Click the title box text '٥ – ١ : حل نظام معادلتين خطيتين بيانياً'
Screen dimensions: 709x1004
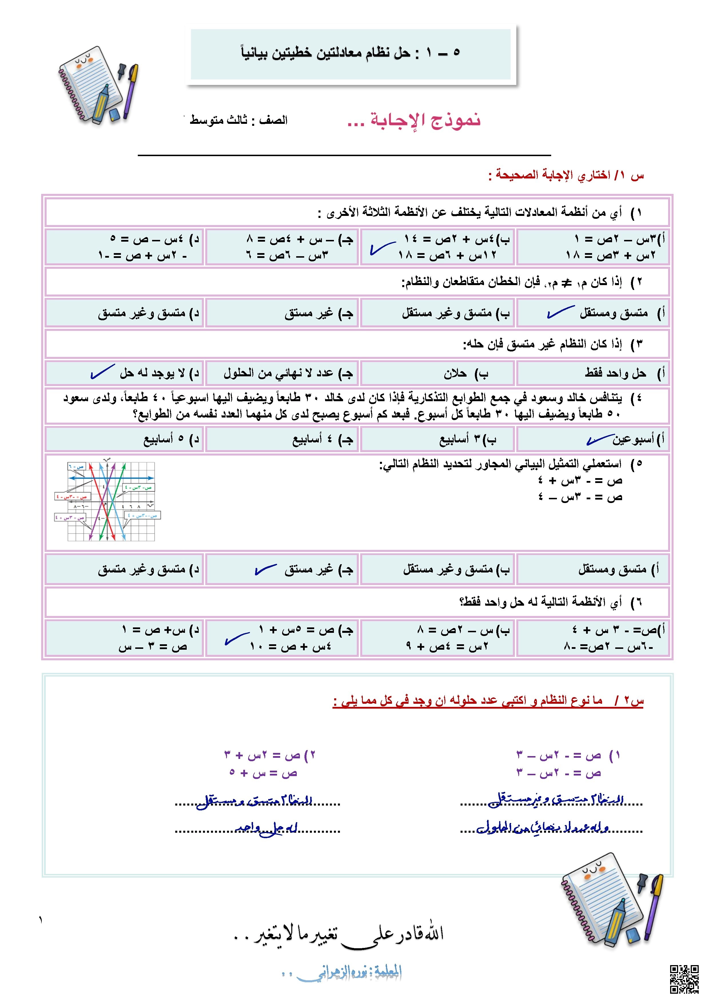pos(350,53)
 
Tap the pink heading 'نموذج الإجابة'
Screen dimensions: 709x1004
pos(413,120)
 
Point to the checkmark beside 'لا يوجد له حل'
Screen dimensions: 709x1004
pos(102,372)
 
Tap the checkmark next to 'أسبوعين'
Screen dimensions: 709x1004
pos(600,440)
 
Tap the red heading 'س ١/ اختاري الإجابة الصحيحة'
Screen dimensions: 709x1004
pos(566,175)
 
